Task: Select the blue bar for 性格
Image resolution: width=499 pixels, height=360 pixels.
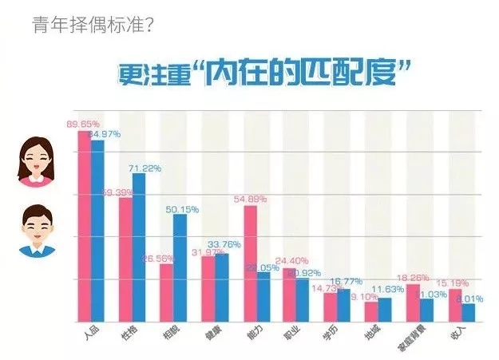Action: click(139, 247)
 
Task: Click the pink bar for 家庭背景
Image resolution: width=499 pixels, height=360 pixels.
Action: click(413, 303)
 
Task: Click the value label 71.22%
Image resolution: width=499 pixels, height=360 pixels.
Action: click(145, 168)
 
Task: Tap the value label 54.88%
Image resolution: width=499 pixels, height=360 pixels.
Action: click(251, 198)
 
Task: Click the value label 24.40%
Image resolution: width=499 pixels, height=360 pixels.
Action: click(291, 260)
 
